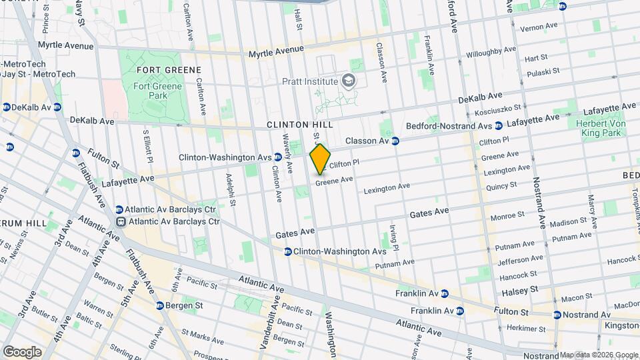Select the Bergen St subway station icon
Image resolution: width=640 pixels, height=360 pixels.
160,306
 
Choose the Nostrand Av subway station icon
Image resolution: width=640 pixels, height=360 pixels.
557,315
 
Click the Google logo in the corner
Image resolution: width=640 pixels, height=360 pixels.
22,351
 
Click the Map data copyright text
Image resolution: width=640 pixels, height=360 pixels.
598,354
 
